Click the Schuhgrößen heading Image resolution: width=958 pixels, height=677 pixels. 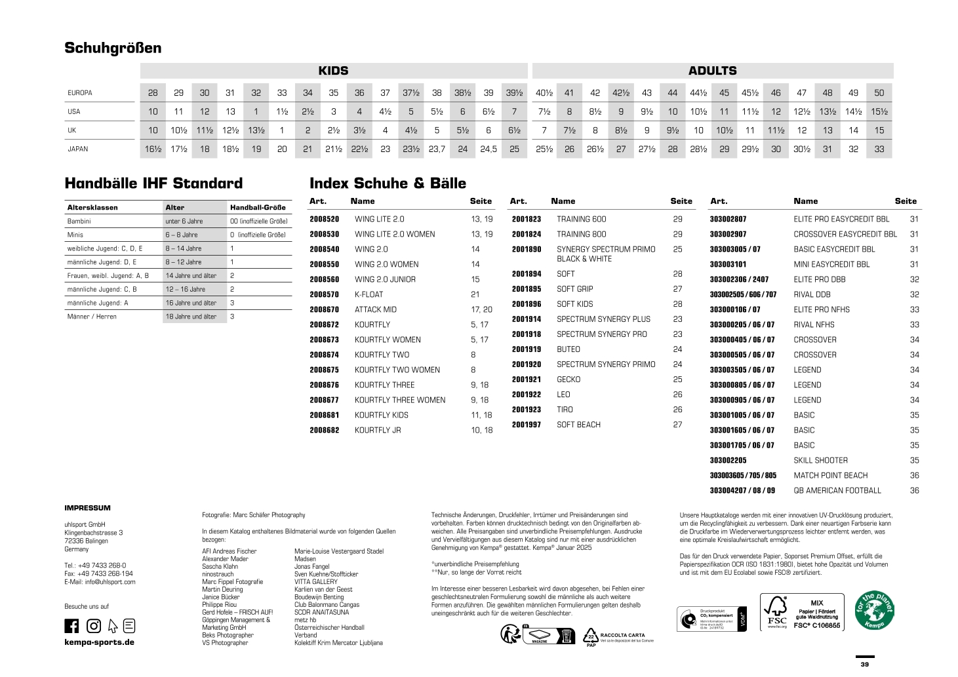pos(113,48)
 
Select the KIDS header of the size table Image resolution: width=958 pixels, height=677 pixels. pos(333,71)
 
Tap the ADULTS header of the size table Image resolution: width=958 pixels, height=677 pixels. pos(712,71)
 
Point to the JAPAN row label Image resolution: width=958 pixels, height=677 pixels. pos(78,149)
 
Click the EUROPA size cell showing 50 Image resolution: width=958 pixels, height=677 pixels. pos(879,93)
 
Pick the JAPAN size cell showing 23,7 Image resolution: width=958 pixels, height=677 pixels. pos(437,149)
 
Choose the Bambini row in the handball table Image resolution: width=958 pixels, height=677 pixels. pos(79,222)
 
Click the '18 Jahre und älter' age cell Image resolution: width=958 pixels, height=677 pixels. pos(191,317)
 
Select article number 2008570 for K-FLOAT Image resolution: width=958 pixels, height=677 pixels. pos(325,295)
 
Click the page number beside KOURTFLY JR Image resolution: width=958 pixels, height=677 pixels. pos(481,431)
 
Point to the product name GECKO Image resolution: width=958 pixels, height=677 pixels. pos(569,379)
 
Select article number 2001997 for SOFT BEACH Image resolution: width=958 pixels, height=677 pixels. pos(527,425)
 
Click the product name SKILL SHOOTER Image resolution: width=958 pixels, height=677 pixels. pos(820,461)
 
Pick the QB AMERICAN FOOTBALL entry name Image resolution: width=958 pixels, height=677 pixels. pos(837,491)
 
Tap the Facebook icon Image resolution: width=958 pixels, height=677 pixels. pos(71,626)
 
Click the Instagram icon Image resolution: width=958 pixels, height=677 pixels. pos(94,626)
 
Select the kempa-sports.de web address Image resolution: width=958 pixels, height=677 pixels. pos(99,642)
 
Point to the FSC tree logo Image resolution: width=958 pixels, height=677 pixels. pos(777,612)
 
